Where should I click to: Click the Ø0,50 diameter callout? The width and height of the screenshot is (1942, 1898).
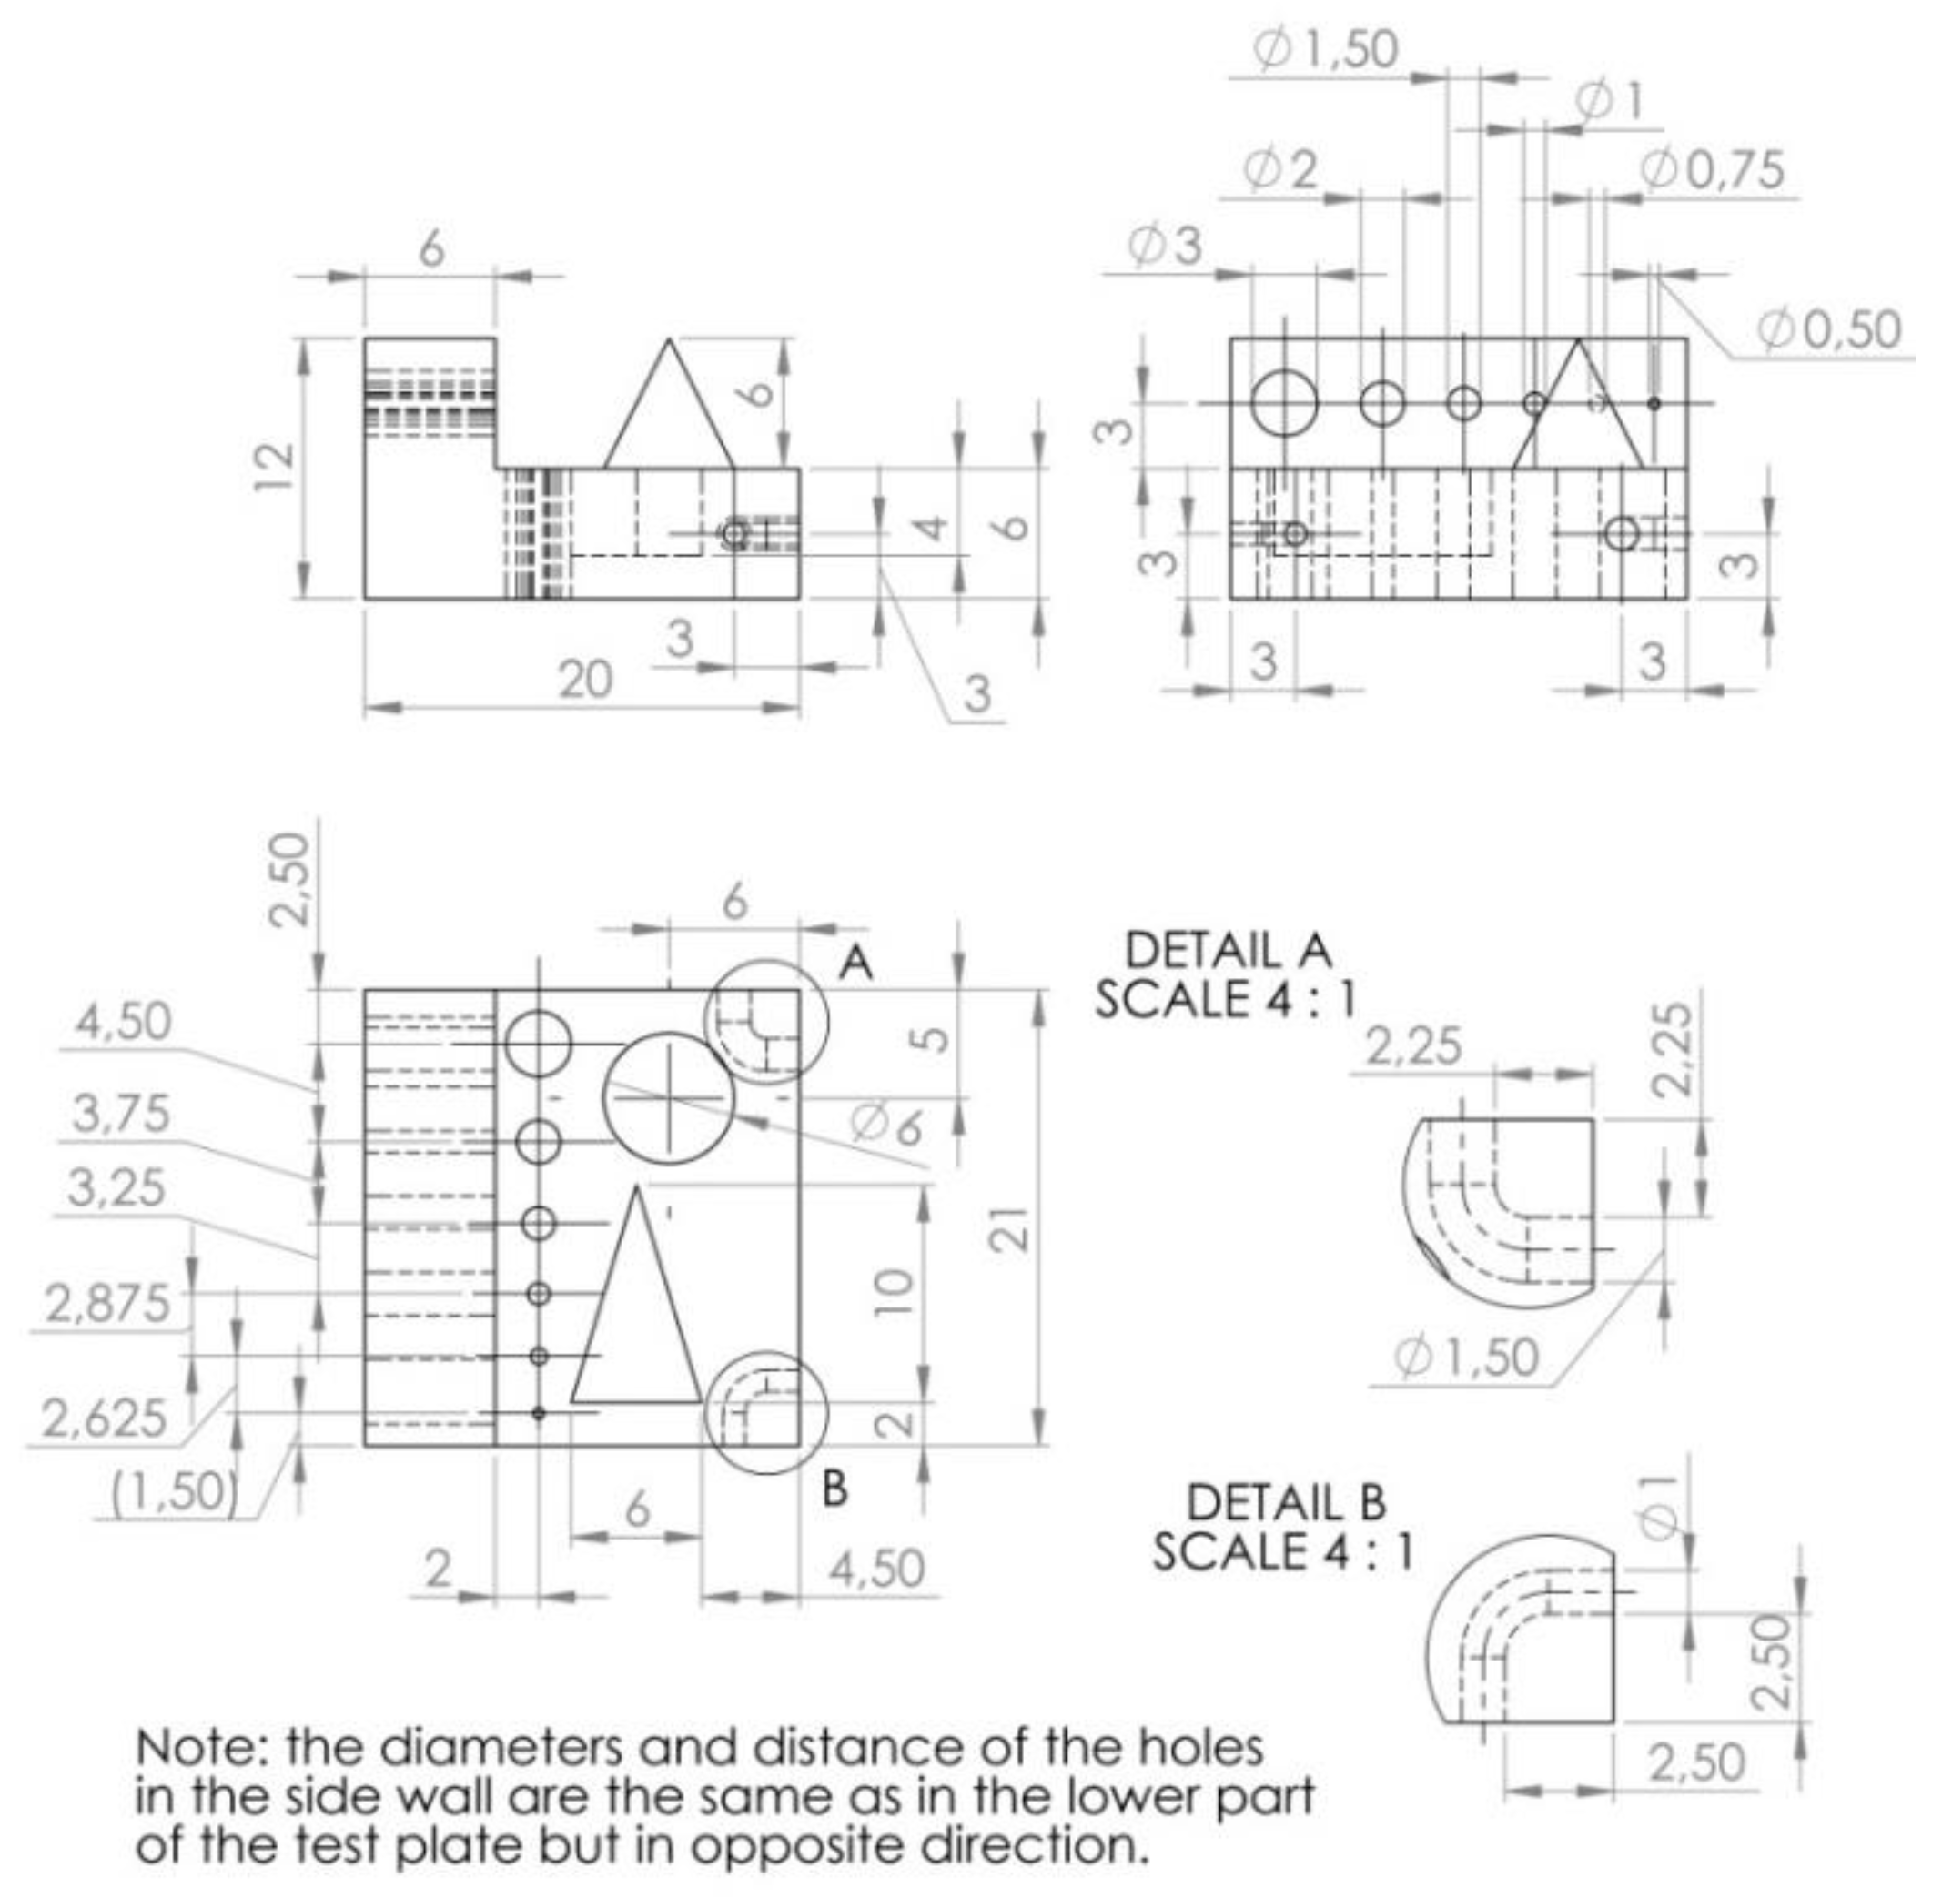point(1827,330)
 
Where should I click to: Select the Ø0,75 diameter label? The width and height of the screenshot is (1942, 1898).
point(1711,170)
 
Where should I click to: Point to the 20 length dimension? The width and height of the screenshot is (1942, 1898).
point(584,681)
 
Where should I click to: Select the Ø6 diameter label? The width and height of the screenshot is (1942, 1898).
point(886,1126)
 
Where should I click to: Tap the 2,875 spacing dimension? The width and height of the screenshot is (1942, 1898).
point(107,1304)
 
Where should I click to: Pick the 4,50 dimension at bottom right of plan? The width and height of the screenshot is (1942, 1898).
point(876,1569)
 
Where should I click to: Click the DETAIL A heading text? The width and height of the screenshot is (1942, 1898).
point(1228,950)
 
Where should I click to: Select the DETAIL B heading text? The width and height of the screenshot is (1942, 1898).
point(1285,1502)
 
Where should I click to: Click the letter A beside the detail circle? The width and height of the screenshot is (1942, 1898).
point(855,963)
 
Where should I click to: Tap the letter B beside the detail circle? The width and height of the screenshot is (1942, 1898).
point(834,1489)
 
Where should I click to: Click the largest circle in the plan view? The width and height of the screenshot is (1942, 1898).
point(669,1097)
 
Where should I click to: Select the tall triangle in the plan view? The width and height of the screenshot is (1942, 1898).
point(635,1316)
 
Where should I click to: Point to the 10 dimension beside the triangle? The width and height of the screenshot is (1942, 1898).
point(896,1293)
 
